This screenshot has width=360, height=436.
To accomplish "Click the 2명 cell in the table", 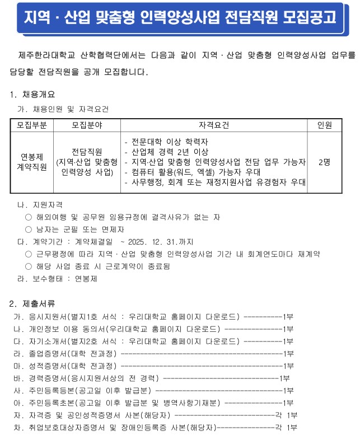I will click(x=324, y=162).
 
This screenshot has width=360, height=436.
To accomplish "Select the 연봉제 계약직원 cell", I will click(x=31, y=162).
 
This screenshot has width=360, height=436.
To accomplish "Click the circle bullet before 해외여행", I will click(x=29, y=217).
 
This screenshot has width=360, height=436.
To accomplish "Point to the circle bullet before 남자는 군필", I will click(x=29, y=229).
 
